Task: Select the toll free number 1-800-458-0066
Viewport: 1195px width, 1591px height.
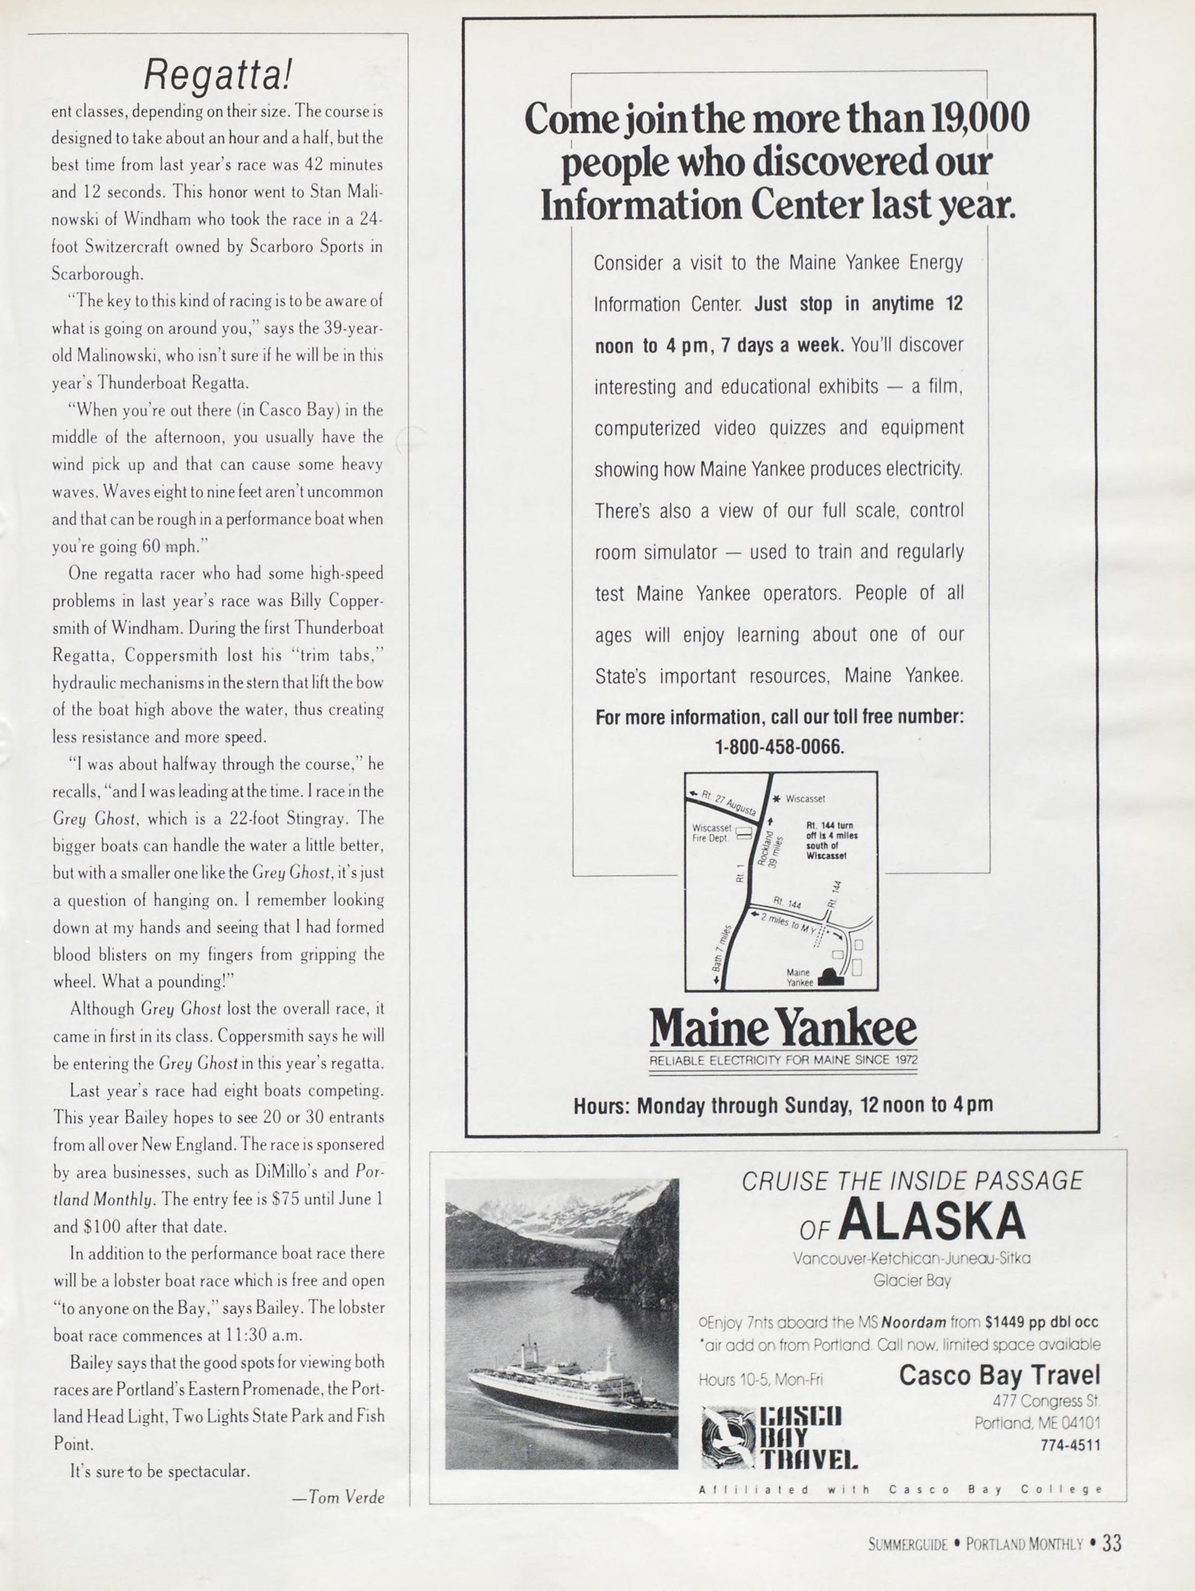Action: (x=779, y=747)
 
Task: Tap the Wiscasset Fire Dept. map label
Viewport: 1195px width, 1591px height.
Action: (x=712, y=832)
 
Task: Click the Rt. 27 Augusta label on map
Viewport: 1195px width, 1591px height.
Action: (x=728, y=803)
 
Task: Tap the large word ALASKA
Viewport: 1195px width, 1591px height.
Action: (x=930, y=1221)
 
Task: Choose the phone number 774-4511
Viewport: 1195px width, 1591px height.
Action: (x=1070, y=1444)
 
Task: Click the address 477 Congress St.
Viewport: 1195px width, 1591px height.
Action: (x=1046, y=1400)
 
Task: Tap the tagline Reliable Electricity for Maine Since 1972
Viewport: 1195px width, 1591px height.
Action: (x=783, y=1060)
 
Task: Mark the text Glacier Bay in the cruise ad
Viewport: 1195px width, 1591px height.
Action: (x=912, y=1280)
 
